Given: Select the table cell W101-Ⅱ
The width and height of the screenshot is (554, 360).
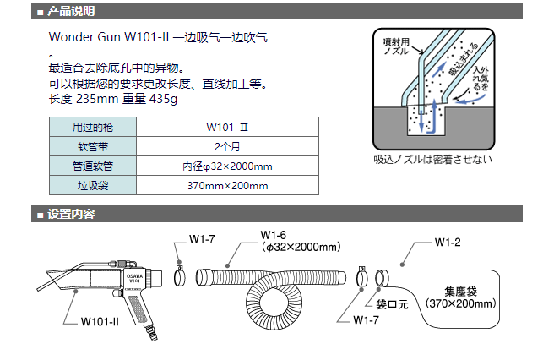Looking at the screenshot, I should coord(226,128).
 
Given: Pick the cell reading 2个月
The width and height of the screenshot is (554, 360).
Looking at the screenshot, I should coord(226,146).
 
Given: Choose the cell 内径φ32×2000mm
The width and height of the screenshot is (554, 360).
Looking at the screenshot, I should coord(226,166).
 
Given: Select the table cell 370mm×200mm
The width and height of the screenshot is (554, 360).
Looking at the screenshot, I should coord(226,185).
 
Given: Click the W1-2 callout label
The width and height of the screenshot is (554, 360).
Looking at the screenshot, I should coord(447,243).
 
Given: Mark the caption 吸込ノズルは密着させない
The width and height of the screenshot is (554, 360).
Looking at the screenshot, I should coord(432,159).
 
